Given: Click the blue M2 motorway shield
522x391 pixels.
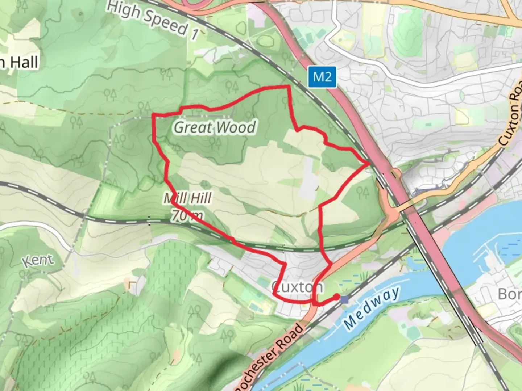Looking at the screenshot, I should click(x=322, y=77).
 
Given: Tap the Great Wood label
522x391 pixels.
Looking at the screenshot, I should click(x=215, y=127).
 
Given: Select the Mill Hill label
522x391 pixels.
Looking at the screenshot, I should click(x=188, y=198).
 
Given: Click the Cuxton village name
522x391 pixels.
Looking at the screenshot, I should click(x=297, y=287).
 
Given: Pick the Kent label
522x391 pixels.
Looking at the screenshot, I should click(x=38, y=261).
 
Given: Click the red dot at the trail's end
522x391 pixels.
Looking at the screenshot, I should click(x=336, y=297).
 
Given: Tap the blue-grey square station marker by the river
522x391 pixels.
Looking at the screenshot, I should click(x=344, y=300).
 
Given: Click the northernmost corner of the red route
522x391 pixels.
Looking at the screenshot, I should click(x=288, y=86).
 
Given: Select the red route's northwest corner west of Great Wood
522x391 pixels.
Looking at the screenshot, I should click(x=153, y=115).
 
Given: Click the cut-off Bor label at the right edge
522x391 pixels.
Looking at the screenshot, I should click(x=509, y=294).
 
